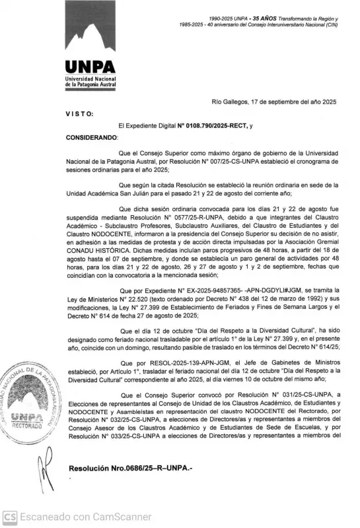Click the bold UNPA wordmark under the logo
[90, 67]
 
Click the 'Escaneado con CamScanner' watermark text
[85, 517]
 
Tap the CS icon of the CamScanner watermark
[9, 517]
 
